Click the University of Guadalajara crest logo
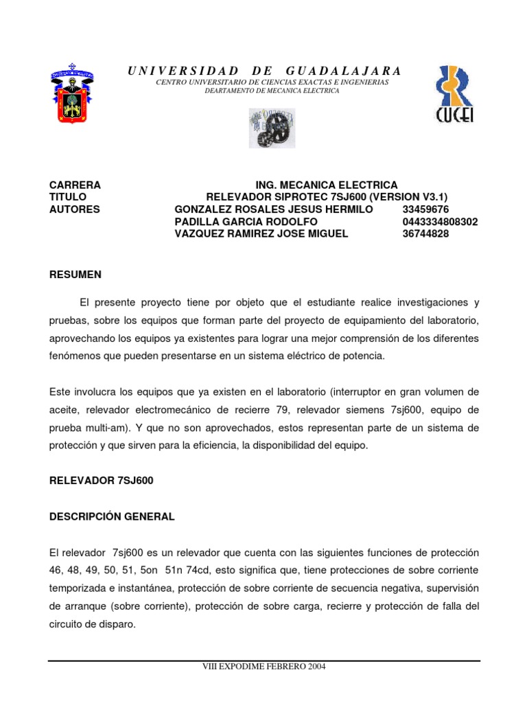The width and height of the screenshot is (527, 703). (x=72, y=94)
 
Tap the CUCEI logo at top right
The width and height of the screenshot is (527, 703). (x=454, y=94)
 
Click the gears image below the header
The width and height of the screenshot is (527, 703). (x=272, y=128)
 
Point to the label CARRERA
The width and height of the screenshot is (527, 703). (x=75, y=185)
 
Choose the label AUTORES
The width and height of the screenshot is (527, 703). (x=75, y=209)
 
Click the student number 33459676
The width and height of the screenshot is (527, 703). (x=426, y=209)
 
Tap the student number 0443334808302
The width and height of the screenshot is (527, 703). (x=441, y=222)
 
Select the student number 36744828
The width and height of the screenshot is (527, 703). (x=426, y=234)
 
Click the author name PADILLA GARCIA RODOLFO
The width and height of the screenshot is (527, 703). (x=246, y=222)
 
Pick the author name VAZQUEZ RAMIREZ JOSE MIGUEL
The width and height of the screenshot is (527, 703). (x=261, y=234)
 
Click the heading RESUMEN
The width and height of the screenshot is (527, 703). (x=75, y=275)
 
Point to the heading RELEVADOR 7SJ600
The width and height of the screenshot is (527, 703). (x=102, y=481)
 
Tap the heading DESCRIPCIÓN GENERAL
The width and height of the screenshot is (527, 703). (x=112, y=517)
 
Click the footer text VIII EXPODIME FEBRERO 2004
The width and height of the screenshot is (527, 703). (x=264, y=667)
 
